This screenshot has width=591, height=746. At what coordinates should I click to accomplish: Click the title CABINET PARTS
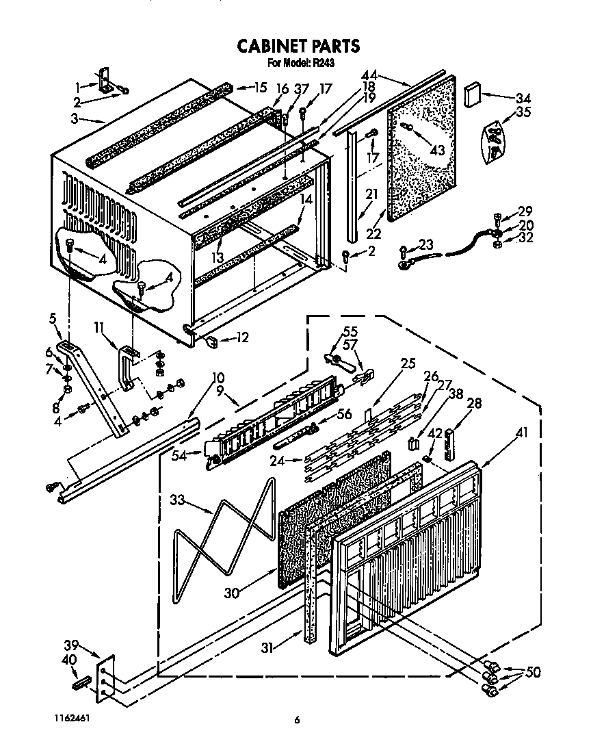click(x=298, y=46)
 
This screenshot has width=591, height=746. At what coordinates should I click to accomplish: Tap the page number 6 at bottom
click(x=297, y=720)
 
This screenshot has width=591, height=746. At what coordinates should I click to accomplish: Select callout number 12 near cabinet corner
click(x=241, y=337)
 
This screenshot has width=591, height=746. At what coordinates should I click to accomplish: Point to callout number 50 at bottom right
click(x=531, y=672)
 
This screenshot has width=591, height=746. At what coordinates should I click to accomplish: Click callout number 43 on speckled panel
click(x=437, y=151)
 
